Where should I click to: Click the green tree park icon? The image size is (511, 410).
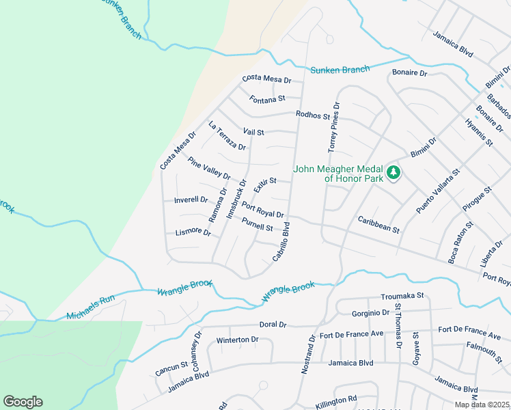(393, 174)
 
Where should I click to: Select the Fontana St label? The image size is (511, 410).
(267, 99)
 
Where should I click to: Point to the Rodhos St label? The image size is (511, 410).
(313, 115)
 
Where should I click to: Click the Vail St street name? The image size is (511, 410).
(253, 131)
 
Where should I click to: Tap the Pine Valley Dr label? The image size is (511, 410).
(209, 168)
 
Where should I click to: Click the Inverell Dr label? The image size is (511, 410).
(191, 200)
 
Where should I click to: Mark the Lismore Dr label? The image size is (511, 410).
(193, 232)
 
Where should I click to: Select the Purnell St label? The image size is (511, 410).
(258, 223)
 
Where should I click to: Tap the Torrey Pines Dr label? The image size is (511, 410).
(333, 127)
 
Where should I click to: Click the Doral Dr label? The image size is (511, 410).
(273, 325)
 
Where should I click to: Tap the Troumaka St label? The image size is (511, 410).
(403, 296)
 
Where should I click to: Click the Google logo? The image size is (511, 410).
(23, 402)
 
